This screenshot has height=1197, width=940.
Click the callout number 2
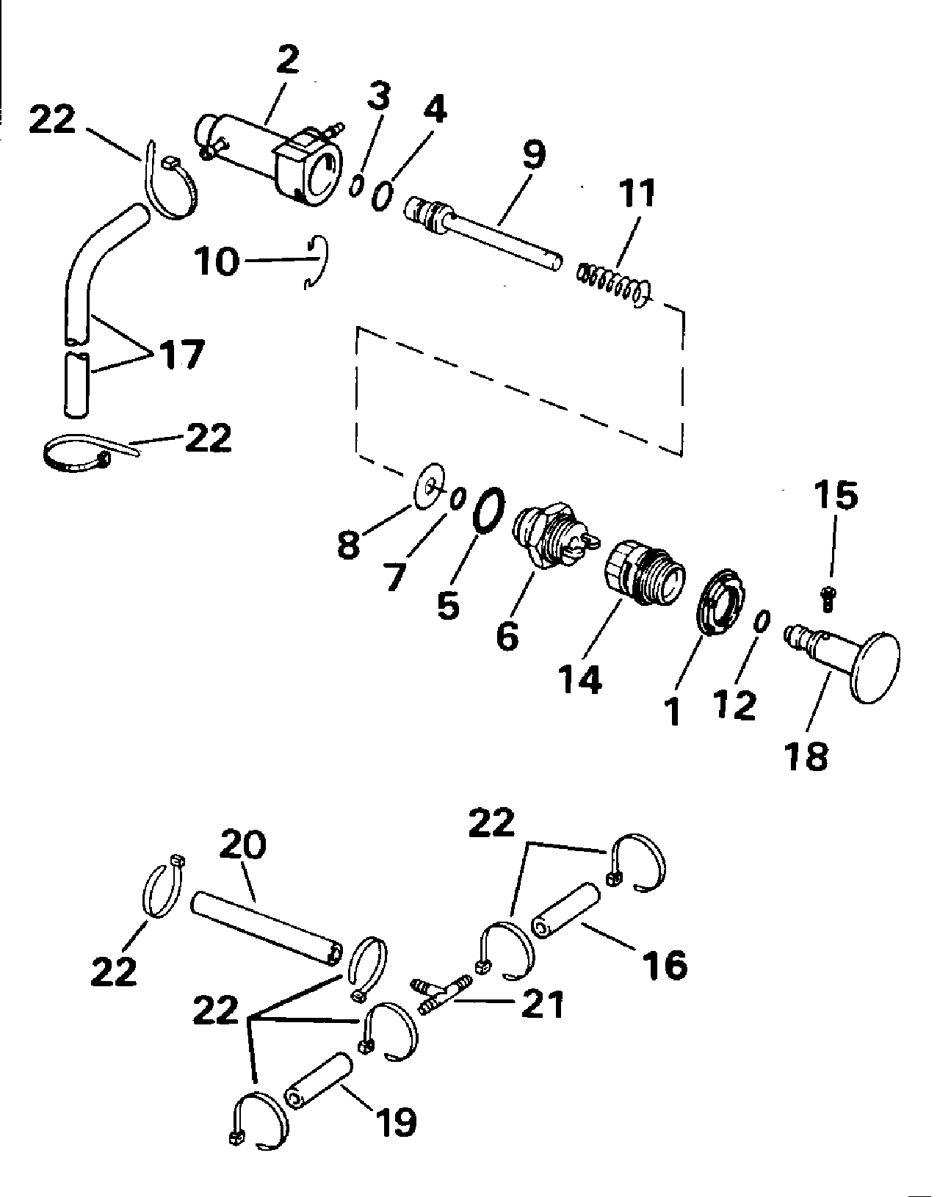click(x=288, y=60)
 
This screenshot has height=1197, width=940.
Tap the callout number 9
click(x=534, y=155)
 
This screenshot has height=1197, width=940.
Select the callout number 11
click(x=637, y=193)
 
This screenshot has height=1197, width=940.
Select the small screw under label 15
click(x=828, y=598)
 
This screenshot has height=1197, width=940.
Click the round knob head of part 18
click(x=875, y=668)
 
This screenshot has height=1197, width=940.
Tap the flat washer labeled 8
click(x=430, y=486)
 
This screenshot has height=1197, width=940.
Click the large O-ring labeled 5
click(x=489, y=510)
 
